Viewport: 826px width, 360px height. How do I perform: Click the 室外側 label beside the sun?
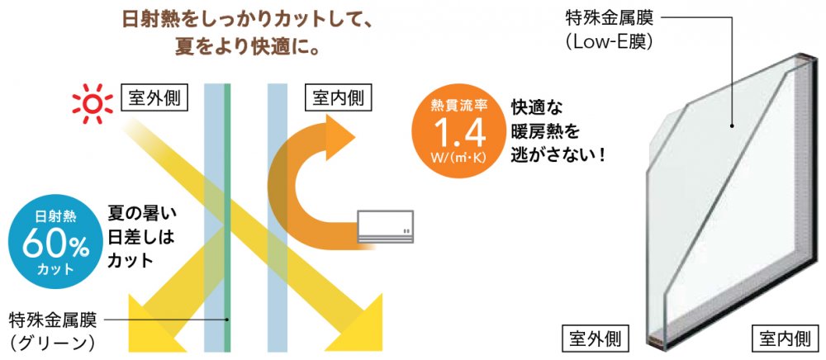pos(154,98)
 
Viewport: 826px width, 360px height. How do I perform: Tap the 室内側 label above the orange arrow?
pos(338,98)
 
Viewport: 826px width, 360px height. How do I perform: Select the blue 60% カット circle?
pos(54,239)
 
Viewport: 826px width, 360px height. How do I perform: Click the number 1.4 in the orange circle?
pos(453,130)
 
